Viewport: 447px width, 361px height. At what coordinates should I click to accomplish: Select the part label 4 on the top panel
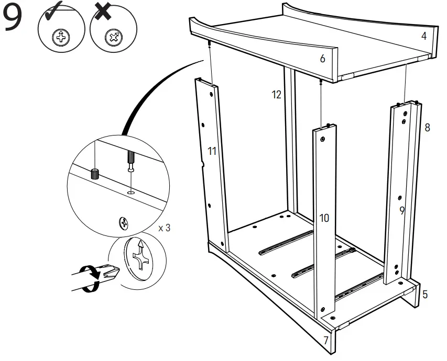click(x=423, y=37)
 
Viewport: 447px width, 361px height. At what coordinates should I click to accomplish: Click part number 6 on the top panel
click(x=322, y=59)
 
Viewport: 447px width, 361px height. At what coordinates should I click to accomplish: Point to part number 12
click(x=277, y=95)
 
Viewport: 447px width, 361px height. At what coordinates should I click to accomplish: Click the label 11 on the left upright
click(x=212, y=152)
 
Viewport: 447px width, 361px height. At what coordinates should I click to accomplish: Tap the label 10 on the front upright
click(x=324, y=218)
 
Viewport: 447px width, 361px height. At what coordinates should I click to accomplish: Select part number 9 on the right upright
click(x=402, y=211)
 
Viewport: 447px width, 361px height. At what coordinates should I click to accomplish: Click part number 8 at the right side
click(x=427, y=127)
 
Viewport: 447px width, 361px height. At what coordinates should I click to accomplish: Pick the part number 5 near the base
click(x=424, y=295)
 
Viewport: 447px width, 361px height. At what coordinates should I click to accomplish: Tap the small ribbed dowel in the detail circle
click(x=95, y=174)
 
